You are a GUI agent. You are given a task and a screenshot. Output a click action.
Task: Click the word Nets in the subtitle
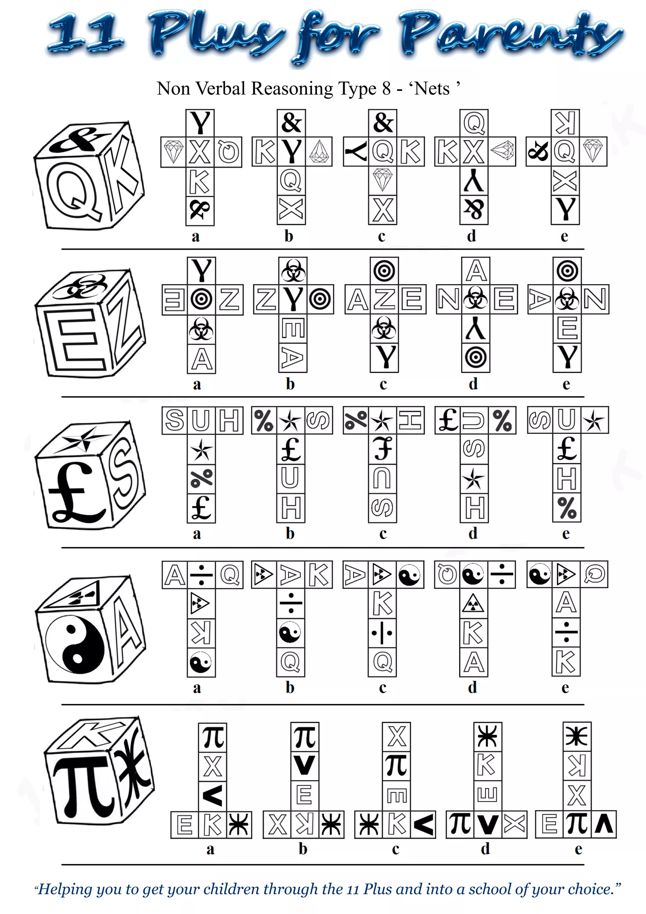tap(432, 88)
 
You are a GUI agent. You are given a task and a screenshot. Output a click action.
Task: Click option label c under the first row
tap(382, 236)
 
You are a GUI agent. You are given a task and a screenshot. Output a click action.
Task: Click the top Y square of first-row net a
tap(200, 123)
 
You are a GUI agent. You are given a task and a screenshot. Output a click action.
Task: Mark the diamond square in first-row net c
tap(383, 180)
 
